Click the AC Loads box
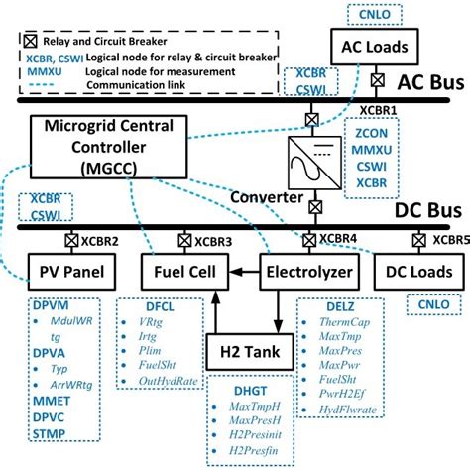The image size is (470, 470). point(378,46)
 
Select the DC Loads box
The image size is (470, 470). point(421,271)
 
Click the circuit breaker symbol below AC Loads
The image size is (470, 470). point(378,79)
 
